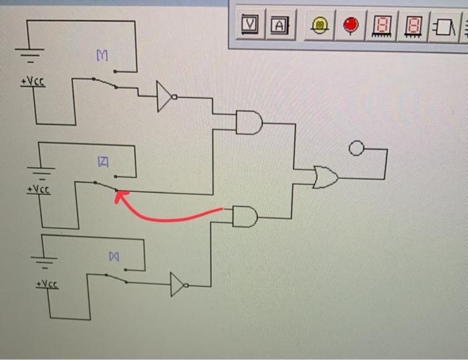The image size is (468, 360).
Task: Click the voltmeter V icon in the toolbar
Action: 251,25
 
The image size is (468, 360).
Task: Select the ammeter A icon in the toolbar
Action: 279,25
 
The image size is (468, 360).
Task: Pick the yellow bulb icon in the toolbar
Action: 320,26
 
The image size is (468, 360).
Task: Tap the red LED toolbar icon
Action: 350,26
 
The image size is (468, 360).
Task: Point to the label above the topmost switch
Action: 102,58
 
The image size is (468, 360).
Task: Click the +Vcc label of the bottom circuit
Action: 46,285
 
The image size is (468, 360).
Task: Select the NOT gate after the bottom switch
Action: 179,285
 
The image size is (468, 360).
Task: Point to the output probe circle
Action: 357,148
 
